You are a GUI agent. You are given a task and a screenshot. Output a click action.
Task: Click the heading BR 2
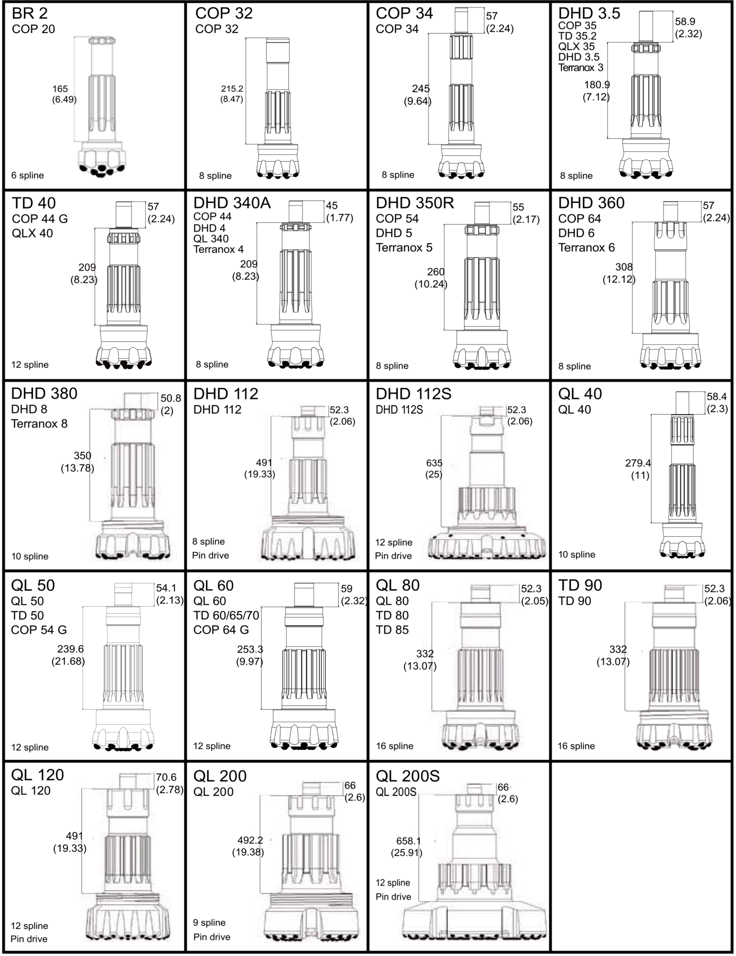pos(29,13)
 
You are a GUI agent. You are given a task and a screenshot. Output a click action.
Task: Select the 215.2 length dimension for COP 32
pos(232,88)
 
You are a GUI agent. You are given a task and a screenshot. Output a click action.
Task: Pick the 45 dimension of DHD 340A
pos(332,206)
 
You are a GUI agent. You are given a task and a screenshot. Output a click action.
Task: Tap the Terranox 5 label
pos(404,247)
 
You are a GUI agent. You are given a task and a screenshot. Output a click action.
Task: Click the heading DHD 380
pos(44,394)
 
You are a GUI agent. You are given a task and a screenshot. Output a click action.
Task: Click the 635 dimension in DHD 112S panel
pos(434,463)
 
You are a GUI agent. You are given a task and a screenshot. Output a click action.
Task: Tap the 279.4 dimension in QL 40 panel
pos(638,463)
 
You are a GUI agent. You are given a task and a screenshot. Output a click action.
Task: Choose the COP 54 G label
pos(39,630)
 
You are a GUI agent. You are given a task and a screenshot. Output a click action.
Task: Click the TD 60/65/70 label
pos(226,615)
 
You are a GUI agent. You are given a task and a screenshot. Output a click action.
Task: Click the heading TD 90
pos(580,585)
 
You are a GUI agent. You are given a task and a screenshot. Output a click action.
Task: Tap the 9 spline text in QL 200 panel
pos(209,922)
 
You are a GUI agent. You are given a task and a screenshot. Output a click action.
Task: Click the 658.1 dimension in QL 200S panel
pos(409,841)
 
